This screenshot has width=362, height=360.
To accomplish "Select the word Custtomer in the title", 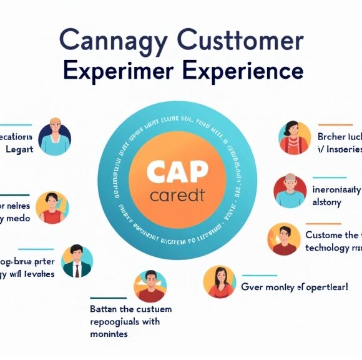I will tap(240, 42).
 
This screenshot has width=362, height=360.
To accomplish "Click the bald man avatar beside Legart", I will tap(54, 137).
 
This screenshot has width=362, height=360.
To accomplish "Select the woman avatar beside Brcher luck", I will tap(294, 137).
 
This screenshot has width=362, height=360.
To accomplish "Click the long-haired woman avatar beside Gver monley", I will tap(220, 282).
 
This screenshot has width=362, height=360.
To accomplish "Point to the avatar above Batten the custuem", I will tap(150, 286).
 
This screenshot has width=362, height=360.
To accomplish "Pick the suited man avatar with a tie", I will tap(77, 261).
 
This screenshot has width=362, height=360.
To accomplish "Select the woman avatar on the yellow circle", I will tap(52, 208).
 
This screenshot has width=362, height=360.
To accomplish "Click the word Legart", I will tap(20, 149).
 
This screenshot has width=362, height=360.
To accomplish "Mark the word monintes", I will tap(109, 334).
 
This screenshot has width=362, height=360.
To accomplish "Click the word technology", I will tap(328, 247).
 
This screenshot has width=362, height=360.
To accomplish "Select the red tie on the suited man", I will tap(77, 270).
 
